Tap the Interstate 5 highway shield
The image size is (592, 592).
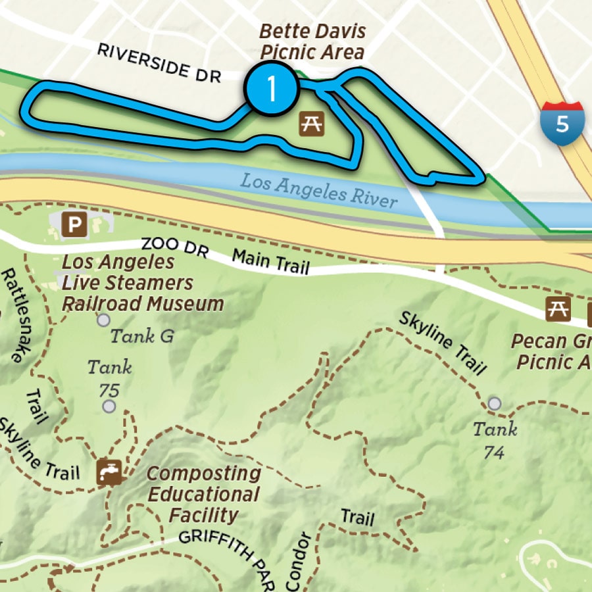(562, 122)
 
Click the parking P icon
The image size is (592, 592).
(74, 225)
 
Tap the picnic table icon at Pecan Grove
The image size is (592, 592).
(558, 308)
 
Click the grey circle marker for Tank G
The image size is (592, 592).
(103, 320)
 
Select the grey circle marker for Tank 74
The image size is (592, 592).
(495, 403)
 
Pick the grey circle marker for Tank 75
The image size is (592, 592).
(109, 406)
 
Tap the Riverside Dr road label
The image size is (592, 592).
(159, 63)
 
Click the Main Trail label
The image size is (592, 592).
(271, 261)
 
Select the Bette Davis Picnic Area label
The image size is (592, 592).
(312, 41)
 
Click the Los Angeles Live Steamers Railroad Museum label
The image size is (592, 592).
(142, 283)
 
